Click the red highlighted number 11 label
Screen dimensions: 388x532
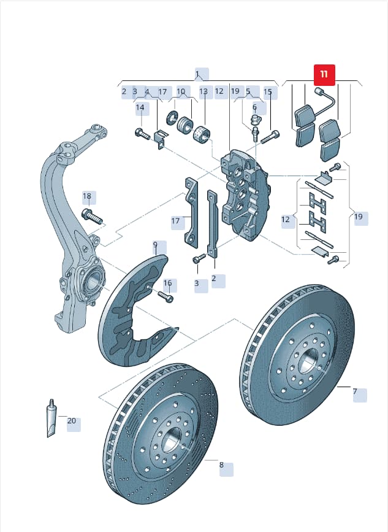[x=324, y=75]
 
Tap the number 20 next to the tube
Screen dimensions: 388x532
[x=72, y=421]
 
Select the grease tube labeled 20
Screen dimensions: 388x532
[x=51, y=418]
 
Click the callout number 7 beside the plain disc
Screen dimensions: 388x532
[x=355, y=391]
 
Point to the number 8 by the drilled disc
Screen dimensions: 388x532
[x=221, y=465]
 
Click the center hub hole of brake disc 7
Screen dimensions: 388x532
[x=309, y=361]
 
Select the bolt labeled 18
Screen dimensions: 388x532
[x=92, y=217]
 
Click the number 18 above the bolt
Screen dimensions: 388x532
[x=87, y=196]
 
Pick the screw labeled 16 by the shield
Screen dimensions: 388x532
[x=165, y=297]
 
